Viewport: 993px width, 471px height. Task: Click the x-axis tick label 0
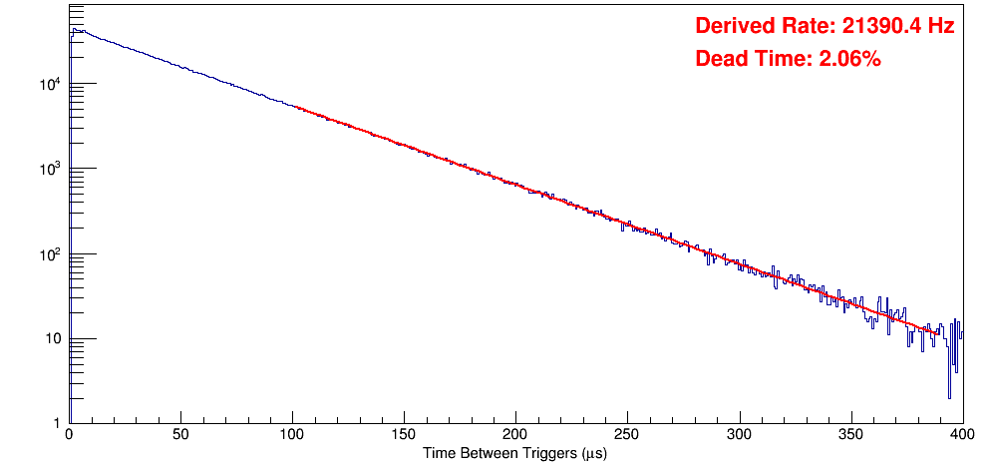[68, 435]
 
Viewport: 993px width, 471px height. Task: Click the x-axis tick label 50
[180, 435]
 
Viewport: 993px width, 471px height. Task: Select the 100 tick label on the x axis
[292, 435]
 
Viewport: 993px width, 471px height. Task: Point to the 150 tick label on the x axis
[404, 435]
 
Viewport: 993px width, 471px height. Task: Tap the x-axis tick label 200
[515, 435]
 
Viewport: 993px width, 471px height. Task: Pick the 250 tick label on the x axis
[627, 435]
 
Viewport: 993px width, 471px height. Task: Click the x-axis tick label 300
[739, 435]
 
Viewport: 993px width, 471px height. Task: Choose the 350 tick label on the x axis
[850, 435]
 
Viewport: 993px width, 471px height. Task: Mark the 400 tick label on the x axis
[961, 435]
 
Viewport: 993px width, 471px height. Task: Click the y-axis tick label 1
[58, 424]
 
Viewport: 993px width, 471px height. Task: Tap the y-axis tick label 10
[53, 339]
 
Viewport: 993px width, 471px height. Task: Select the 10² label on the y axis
[50, 253]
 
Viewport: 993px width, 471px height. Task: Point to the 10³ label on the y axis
[50, 169]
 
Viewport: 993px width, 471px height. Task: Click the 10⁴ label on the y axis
[50, 84]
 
